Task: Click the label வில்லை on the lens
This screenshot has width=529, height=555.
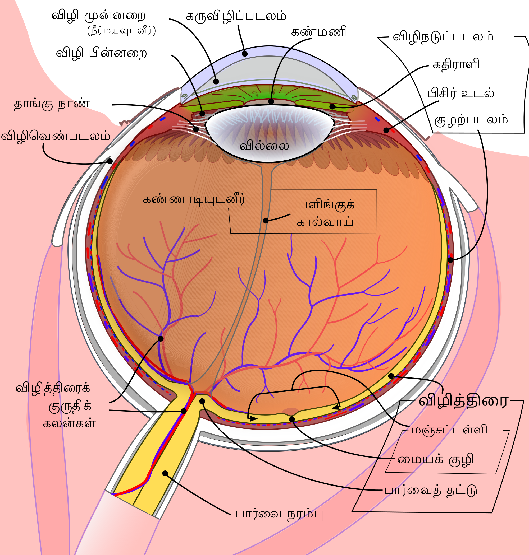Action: pyautogui.click(x=264, y=146)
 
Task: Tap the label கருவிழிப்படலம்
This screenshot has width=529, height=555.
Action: pyautogui.click(x=236, y=16)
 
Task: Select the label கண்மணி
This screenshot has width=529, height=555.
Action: pyautogui.click(x=319, y=32)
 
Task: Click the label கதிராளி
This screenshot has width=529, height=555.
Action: pyautogui.click(x=456, y=64)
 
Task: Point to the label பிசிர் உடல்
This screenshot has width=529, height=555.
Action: pyautogui.click(x=461, y=93)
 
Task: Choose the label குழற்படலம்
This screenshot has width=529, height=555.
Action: pyautogui.click(x=471, y=120)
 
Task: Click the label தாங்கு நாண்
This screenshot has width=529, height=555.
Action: pyautogui.click(x=52, y=104)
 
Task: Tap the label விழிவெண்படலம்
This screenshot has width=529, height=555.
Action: pyautogui.click(x=56, y=136)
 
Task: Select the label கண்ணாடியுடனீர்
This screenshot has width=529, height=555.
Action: pyautogui.click(x=194, y=199)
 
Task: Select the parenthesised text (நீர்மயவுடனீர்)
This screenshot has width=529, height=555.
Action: pyautogui.click(x=121, y=31)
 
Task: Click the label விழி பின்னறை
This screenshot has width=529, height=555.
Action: pyautogui.click(x=102, y=53)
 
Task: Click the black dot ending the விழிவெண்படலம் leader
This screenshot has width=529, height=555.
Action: pyautogui.click(x=110, y=161)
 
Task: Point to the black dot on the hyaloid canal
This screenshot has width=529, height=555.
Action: pyautogui.click(x=266, y=221)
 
